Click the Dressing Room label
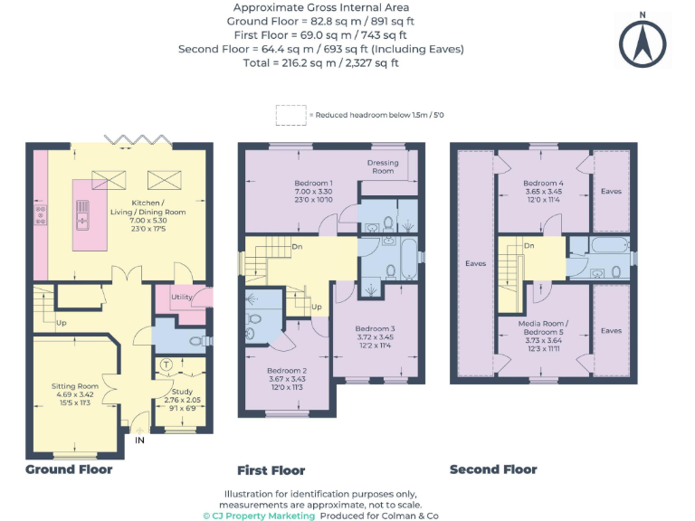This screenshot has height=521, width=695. (x=383, y=166)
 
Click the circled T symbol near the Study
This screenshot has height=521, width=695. (x=167, y=365)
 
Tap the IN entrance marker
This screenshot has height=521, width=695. (x=139, y=440)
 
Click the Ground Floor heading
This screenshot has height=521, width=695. (x=69, y=469)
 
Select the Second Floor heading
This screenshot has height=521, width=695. (x=493, y=469)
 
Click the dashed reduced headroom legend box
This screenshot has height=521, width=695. (x=290, y=115)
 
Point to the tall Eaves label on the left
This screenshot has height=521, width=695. (x=475, y=263)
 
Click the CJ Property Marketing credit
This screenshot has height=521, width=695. (x=259, y=516)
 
